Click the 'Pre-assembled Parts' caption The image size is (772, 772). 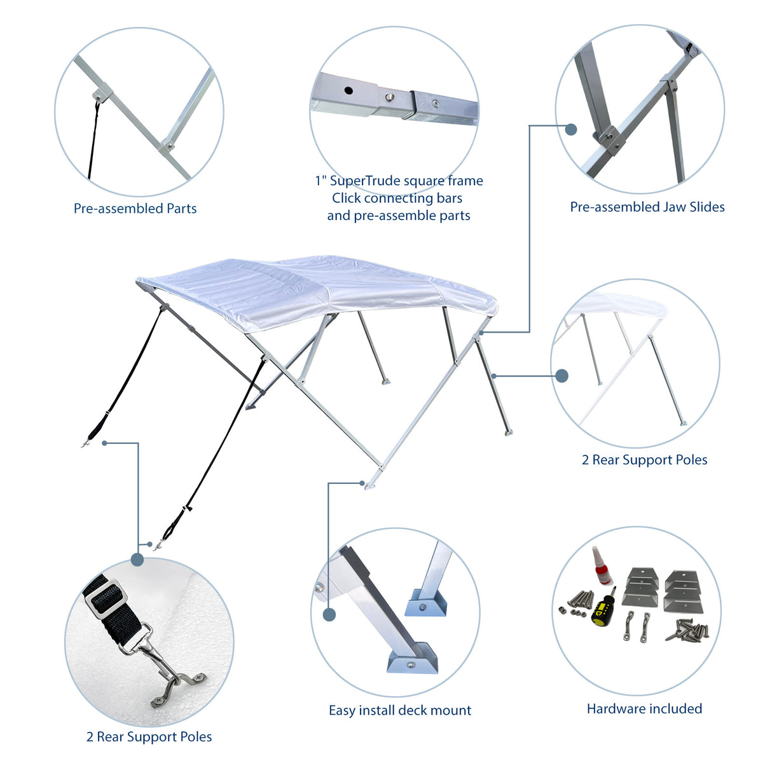[135, 209]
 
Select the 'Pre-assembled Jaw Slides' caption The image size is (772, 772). [647, 207]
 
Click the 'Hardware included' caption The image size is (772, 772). [644, 708]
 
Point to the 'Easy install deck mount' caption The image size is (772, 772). [400, 710]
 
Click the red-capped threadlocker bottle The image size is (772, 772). [602, 566]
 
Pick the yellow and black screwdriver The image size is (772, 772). [603, 605]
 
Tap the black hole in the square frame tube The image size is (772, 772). [348, 90]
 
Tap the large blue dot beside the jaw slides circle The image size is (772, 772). [571, 129]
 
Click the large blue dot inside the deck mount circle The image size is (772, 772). [329, 615]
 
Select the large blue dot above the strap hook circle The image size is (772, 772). [137, 560]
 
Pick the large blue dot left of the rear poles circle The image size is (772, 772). [562, 376]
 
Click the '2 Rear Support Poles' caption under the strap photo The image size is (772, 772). [149, 737]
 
